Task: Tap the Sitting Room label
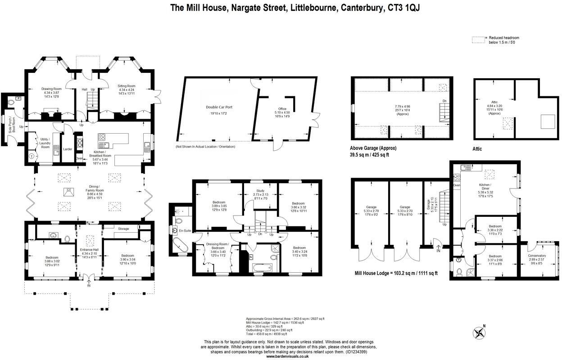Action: [127, 86]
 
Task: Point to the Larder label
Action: [68, 149]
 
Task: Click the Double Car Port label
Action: [219, 107]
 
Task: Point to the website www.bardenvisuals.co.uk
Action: [287, 356]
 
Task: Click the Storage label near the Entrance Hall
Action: [123, 229]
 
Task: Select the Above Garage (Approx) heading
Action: [373, 148]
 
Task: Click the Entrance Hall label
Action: [89, 250]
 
